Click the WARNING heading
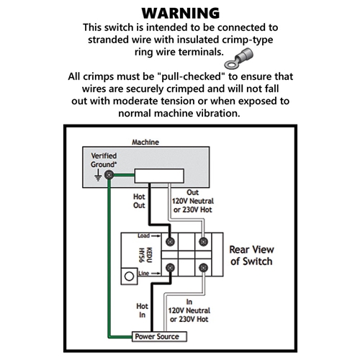181,13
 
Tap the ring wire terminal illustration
238,58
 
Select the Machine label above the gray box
145,142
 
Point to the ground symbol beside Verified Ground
98,175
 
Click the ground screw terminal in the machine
109,175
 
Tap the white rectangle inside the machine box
159,176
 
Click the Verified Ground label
104,160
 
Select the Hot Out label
139,201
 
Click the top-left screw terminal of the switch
170,242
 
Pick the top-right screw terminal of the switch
203,242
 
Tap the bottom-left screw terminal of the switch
170,267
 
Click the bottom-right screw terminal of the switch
203,267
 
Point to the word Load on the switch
143,235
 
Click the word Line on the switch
143,273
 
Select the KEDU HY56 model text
146,255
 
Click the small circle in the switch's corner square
129,276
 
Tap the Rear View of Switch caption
251,256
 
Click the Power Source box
159,336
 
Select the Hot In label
142,310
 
